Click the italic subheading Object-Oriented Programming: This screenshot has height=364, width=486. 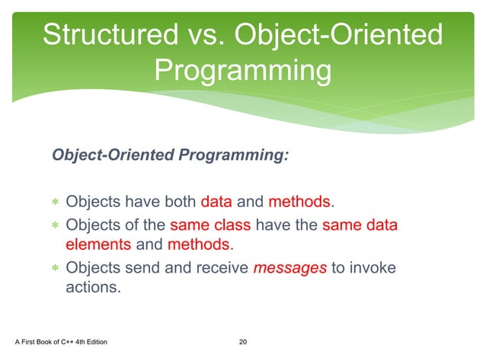tap(170, 155)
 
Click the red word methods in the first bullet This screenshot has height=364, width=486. tap(299, 203)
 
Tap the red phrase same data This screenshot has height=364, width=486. tap(360, 225)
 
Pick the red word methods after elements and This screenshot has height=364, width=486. tap(198, 245)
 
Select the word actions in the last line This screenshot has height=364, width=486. tap(93, 289)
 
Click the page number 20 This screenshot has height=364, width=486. tap(243, 341)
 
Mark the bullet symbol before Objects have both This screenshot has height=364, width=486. tap(55, 203)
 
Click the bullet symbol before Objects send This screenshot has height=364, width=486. tap(55, 268)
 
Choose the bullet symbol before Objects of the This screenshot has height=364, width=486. tap(55, 225)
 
